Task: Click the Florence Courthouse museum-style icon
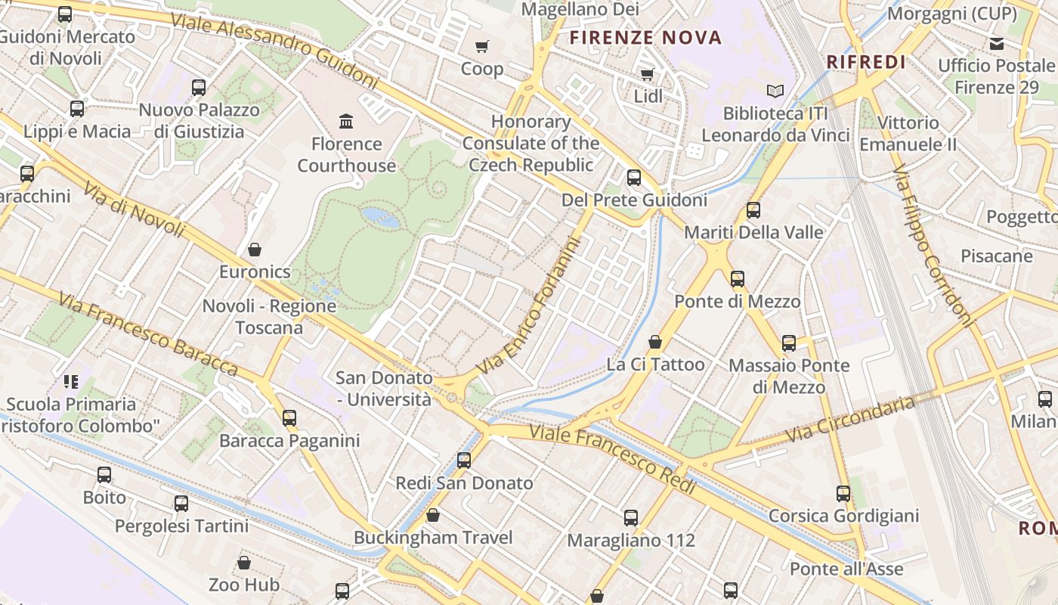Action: tap(346, 121)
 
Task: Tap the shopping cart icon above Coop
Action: tap(482, 47)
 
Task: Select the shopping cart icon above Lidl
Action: tap(647, 74)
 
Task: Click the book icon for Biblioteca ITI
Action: tap(775, 91)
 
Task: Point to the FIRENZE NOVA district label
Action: tap(645, 37)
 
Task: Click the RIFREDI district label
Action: tap(866, 62)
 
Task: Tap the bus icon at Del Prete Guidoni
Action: tap(633, 178)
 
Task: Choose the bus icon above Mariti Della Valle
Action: tap(753, 210)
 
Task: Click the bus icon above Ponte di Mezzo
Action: tap(737, 279)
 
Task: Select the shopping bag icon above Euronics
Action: tap(255, 250)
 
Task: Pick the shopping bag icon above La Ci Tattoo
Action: tap(655, 342)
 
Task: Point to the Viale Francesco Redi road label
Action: tap(612, 458)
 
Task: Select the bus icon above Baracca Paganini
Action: tap(289, 418)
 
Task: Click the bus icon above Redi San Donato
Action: tap(464, 461)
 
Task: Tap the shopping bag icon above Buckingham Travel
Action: tap(433, 516)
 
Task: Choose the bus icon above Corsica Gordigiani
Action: tap(843, 494)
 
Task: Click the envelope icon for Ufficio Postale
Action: tap(997, 44)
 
